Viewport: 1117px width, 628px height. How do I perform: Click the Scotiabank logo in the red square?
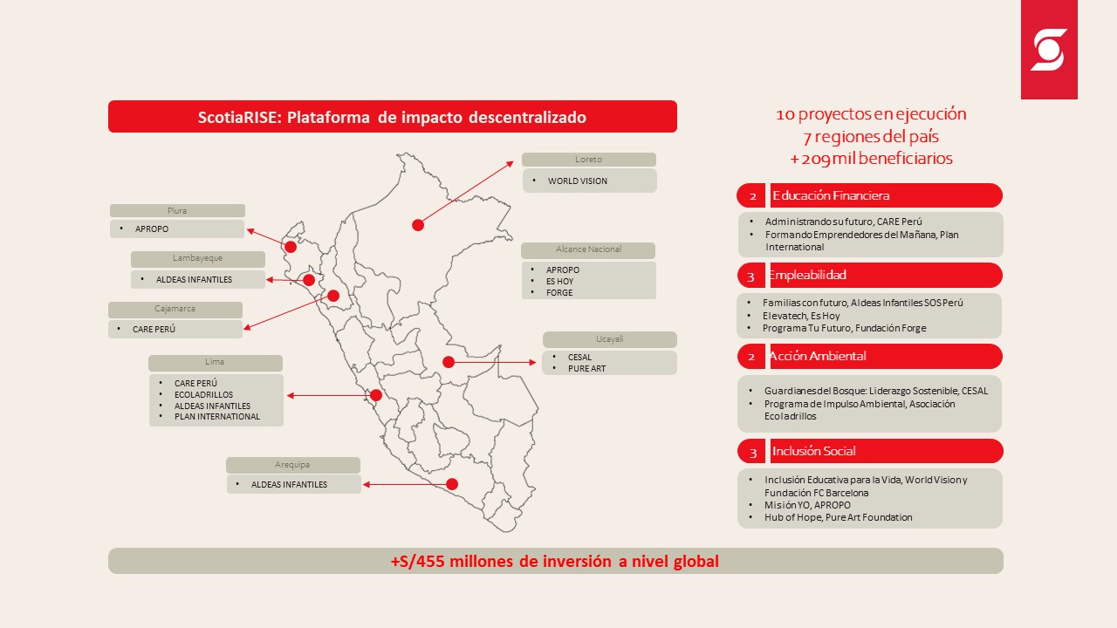[x=1049, y=50]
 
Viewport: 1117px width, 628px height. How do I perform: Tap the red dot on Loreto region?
[x=418, y=225]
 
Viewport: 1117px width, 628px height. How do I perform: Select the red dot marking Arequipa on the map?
[x=452, y=484]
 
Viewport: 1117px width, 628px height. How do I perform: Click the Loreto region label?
[x=588, y=160]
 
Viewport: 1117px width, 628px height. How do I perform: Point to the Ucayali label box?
[x=609, y=339]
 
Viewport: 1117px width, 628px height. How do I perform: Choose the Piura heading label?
[x=177, y=210]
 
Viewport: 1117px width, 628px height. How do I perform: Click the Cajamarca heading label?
[x=175, y=309]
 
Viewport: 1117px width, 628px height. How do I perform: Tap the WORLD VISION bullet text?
[x=578, y=181]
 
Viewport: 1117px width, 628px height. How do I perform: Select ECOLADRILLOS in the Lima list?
[x=203, y=395]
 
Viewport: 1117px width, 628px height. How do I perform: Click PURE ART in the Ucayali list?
[x=587, y=369]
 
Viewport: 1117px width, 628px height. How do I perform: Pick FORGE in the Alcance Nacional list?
[x=559, y=292]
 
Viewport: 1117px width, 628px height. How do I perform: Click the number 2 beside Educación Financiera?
[x=753, y=196]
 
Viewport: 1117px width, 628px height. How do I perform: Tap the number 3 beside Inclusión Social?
[x=753, y=453]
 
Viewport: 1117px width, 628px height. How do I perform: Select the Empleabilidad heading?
[x=808, y=275]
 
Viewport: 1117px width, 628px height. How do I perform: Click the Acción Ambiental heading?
[x=818, y=356]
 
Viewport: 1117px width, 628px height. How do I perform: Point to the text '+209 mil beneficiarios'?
[x=871, y=159]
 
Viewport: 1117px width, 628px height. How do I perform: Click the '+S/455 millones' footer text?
[x=554, y=561]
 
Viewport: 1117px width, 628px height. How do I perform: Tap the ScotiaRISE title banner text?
[x=392, y=117]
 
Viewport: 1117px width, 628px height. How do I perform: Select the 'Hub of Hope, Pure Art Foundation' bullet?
[x=839, y=517]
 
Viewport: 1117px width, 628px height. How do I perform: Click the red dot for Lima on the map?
[x=376, y=395]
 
